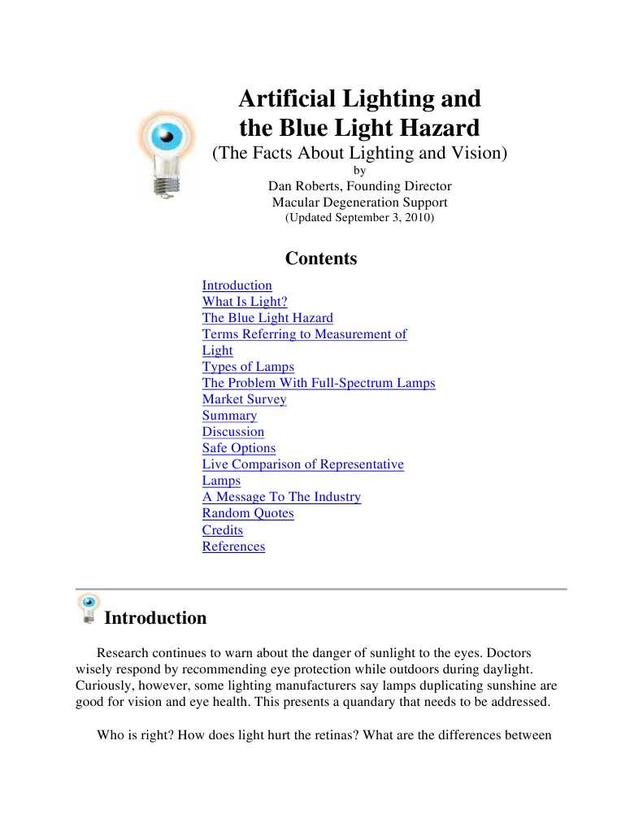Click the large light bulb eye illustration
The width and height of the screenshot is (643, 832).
pos(167,153)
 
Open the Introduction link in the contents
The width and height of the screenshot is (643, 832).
pos(237,285)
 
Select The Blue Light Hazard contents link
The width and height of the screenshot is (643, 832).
pos(267,318)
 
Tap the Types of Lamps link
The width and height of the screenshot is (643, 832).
pos(248,367)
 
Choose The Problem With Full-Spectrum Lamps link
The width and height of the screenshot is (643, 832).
pos(319,383)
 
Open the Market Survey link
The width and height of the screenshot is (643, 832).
pos(244,399)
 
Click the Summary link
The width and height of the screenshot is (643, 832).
pos(229,416)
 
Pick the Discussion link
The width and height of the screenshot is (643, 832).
pos(233,432)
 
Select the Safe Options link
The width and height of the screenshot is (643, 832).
pos(239,448)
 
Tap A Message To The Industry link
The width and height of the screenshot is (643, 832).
pos(281,497)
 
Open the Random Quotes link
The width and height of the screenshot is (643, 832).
pos(248,513)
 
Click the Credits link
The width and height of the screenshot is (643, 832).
pos(223,530)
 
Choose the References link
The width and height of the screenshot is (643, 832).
pos(233,547)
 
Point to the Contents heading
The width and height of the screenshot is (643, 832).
pos(321,259)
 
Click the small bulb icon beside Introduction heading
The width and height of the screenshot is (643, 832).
pos(88,608)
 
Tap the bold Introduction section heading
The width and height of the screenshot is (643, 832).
pos(155,618)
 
